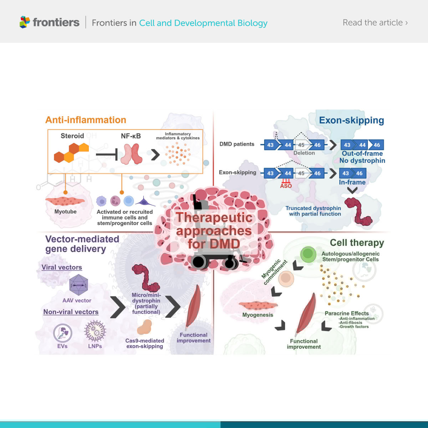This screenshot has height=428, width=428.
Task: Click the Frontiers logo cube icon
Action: [25, 22]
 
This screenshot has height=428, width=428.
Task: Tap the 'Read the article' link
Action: [375, 22]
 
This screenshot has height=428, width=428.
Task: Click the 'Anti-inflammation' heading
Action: [86, 120]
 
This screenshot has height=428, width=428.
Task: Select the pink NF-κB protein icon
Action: [131, 154]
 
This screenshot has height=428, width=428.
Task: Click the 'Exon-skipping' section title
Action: [351, 120]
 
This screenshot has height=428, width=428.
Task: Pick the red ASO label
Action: [286, 186]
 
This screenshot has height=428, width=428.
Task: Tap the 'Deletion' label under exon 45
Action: [304, 153]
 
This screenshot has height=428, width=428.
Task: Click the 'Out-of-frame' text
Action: [362, 153]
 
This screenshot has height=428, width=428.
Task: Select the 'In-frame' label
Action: [352, 182]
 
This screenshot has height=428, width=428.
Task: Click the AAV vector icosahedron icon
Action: [78, 285]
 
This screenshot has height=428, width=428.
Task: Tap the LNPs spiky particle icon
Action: [95, 331]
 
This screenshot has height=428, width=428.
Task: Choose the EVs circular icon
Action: [62, 333]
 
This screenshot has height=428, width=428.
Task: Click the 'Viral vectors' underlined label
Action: [62, 267]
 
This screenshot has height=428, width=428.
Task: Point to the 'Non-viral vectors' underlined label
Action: [71, 312]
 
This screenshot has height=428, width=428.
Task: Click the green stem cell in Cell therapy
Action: [307, 254]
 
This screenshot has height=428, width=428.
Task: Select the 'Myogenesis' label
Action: [258, 315]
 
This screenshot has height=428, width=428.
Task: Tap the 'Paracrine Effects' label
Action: [346, 313]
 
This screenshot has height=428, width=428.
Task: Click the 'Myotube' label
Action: [65, 212]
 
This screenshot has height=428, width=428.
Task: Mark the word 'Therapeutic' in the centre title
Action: [214, 217]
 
